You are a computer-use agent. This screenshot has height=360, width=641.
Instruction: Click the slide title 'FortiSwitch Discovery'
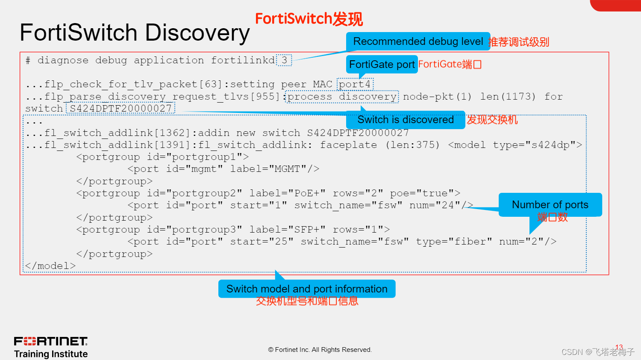click(135, 33)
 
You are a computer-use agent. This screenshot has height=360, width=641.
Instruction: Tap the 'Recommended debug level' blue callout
click(418, 41)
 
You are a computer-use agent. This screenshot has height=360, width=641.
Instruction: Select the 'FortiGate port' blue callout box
click(382, 65)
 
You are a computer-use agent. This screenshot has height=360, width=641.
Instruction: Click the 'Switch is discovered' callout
click(405, 120)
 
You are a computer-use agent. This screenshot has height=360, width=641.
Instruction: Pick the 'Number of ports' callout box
click(550, 205)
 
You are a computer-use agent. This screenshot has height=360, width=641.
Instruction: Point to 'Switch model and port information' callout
click(307, 289)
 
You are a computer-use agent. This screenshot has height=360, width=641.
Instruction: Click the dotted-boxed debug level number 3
click(284, 60)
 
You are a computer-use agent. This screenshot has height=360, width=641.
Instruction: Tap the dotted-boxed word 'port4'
click(355, 84)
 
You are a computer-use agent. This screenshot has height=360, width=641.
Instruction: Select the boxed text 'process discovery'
click(342, 97)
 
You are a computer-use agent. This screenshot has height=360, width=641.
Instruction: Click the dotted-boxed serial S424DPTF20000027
click(121, 109)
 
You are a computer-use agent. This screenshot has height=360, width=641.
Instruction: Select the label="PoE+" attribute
click(287, 193)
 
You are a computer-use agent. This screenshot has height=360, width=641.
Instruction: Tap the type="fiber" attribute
click(454, 242)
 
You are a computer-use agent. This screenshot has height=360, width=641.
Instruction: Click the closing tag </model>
click(50, 266)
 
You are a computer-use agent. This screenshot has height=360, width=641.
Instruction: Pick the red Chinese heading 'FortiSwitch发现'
click(309, 19)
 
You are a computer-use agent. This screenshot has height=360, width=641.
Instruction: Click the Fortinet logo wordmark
click(51, 341)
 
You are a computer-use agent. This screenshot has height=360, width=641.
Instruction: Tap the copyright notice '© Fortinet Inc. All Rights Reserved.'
click(320, 350)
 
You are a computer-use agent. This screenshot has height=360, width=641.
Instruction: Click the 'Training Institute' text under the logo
click(51, 354)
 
